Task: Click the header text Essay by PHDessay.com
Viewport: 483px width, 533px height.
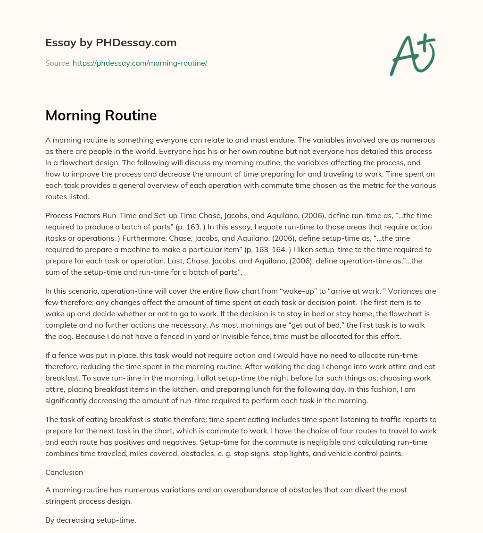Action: (111, 43)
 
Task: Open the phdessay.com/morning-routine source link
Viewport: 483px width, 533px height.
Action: (140, 63)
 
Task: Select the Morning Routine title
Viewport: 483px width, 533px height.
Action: (101, 116)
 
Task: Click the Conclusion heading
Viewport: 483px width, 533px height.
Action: (64, 472)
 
